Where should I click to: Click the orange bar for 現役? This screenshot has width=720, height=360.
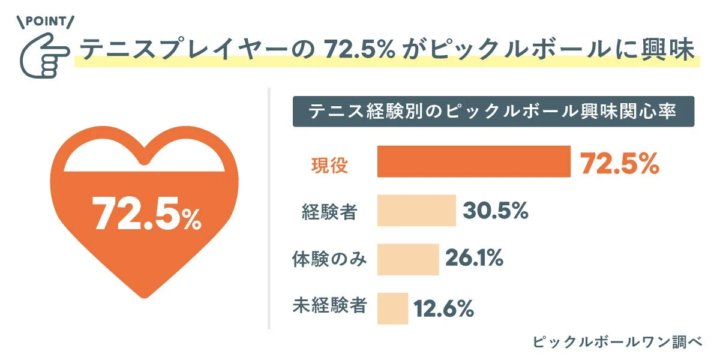(473, 161)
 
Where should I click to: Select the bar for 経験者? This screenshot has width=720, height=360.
(416, 210)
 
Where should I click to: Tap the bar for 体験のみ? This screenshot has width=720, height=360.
(408, 259)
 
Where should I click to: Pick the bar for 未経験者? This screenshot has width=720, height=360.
(392, 308)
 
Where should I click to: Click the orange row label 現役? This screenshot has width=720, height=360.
(329, 164)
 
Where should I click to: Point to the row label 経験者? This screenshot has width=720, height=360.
(329, 211)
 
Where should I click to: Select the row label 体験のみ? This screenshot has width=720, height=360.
(329, 259)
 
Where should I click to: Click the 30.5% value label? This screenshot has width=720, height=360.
(496, 211)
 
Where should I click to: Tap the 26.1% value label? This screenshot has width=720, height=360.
(474, 259)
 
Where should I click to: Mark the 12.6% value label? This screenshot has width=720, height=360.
(444, 309)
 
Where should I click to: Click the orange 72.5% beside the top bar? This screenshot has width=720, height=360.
(620, 163)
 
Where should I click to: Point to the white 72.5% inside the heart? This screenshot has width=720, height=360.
(146, 214)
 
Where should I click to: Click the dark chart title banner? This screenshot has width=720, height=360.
(493, 112)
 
